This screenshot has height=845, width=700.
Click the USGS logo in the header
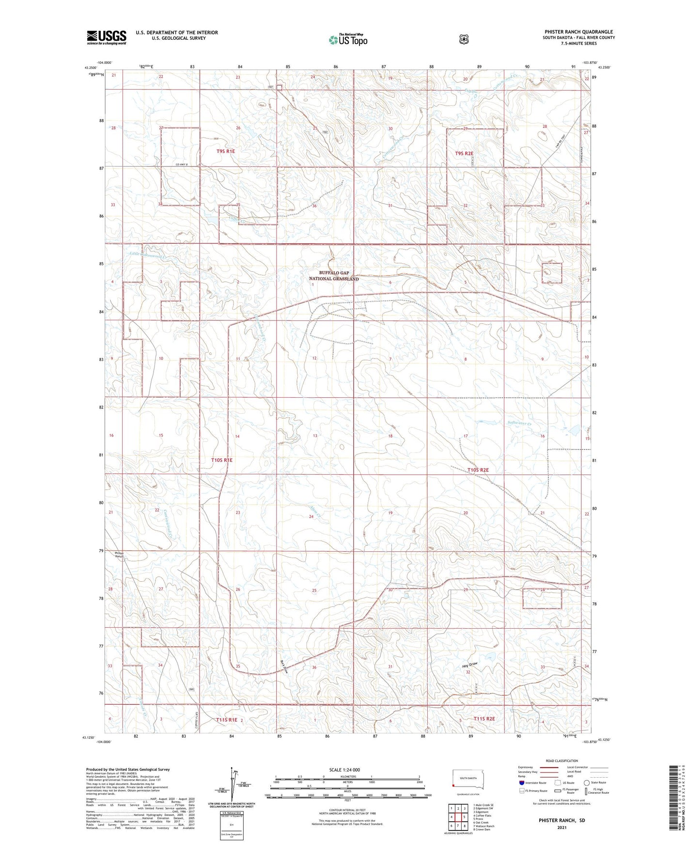[x=107, y=37]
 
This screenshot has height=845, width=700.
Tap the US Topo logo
[x=347, y=40]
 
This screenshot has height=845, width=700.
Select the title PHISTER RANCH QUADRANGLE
[x=578, y=32]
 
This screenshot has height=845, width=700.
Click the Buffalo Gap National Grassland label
[x=334, y=276]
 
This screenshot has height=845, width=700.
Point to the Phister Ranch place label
[x=119, y=555]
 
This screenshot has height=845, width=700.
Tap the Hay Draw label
[x=469, y=665]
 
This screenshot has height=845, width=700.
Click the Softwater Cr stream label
[x=519, y=423]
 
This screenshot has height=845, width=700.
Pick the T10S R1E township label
[x=222, y=460]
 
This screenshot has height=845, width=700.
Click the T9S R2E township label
[x=464, y=153]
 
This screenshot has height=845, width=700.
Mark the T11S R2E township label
[x=484, y=719]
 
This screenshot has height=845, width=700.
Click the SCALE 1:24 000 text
[x=344, y=770]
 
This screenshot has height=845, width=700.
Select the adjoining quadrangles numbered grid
[x=458, y=816]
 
